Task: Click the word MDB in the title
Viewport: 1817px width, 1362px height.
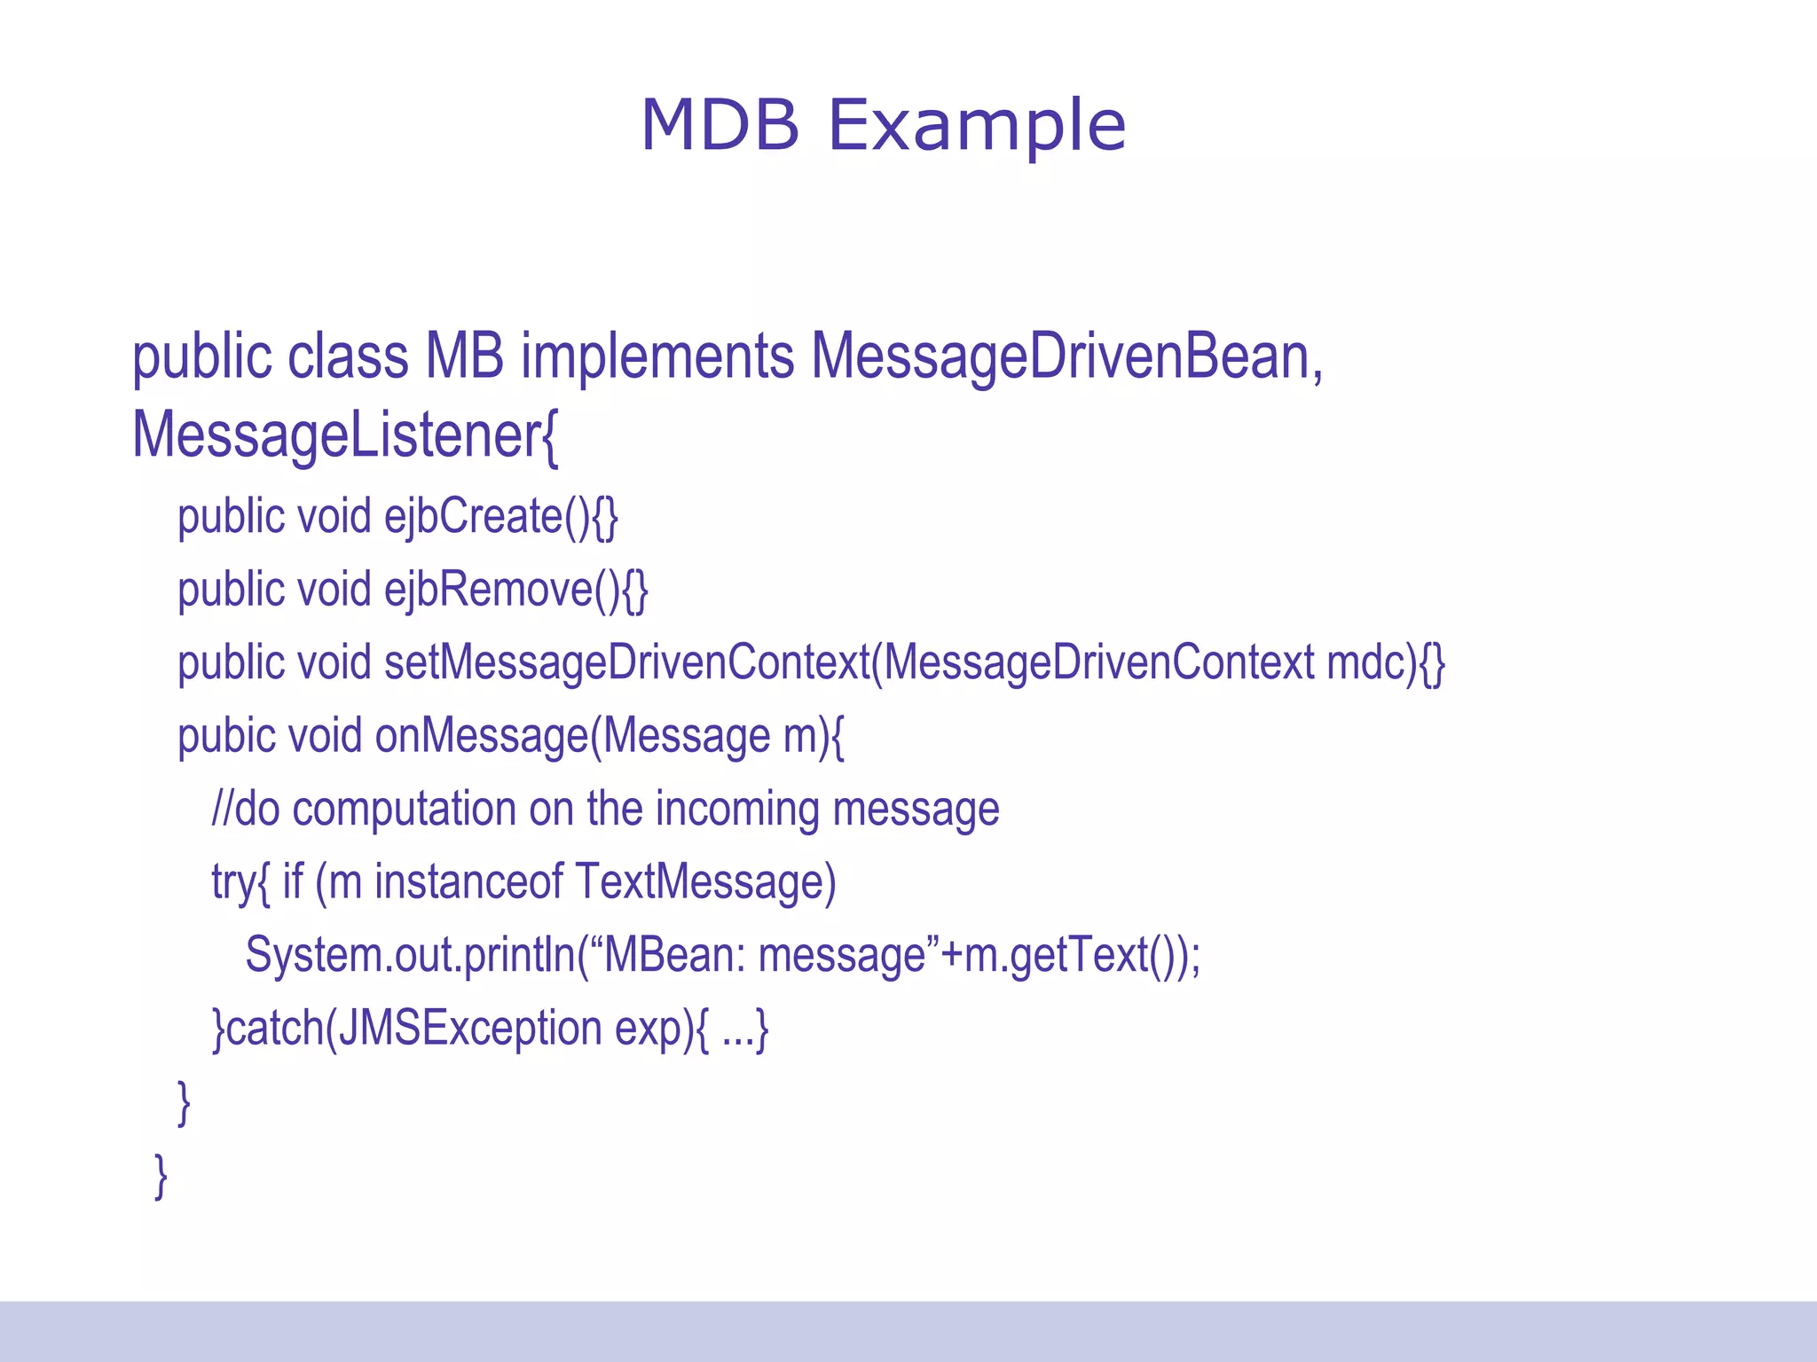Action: point(720,125)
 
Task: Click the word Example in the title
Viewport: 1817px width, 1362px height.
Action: point(976,125)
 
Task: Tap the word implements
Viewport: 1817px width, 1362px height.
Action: point(657,356)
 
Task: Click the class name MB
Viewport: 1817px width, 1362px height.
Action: point(464,356)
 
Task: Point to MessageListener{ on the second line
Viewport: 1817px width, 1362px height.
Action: point(345,435)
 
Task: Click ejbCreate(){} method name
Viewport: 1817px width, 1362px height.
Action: point(500,517)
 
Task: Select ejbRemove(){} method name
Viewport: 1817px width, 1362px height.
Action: point(515,590)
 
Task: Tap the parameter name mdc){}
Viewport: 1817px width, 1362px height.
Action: point(1385,663)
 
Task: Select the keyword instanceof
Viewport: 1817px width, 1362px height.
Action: point(468,882)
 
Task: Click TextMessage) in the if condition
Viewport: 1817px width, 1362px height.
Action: point(705,882)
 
